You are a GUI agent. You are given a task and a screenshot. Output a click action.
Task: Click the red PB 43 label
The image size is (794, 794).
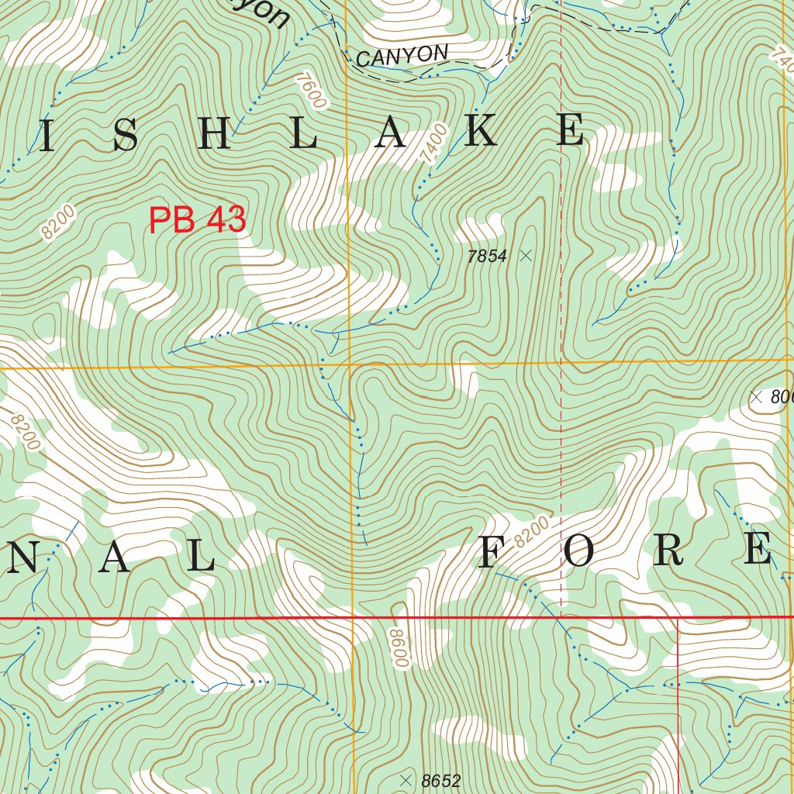point(197,220)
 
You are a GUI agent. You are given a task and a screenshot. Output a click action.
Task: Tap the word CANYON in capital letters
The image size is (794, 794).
point(402,55)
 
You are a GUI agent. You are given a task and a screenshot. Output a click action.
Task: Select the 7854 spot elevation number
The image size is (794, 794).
point(487,256)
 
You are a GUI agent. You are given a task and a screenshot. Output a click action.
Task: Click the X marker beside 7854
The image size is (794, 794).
point(526,254)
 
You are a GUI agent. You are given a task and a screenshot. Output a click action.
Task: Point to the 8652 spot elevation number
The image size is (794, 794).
point(441,780)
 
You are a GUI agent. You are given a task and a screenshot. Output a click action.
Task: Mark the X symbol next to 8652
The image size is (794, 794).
point(404,778)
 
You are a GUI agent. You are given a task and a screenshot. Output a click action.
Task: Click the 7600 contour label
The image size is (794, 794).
point(310,90)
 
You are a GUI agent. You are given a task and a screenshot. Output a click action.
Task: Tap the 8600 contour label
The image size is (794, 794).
point(399,648)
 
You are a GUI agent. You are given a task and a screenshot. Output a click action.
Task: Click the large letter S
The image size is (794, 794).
point(125,136)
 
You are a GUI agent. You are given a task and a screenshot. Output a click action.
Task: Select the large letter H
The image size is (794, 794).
point(215,136)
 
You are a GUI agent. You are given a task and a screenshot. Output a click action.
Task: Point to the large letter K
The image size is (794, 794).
point(481,132)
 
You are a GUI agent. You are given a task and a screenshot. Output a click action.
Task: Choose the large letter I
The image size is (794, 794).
point(47,137)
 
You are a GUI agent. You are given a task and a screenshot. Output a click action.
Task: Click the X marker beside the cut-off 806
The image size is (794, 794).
point(757,397)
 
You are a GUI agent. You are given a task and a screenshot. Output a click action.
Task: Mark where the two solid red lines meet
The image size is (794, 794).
point(678,618)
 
